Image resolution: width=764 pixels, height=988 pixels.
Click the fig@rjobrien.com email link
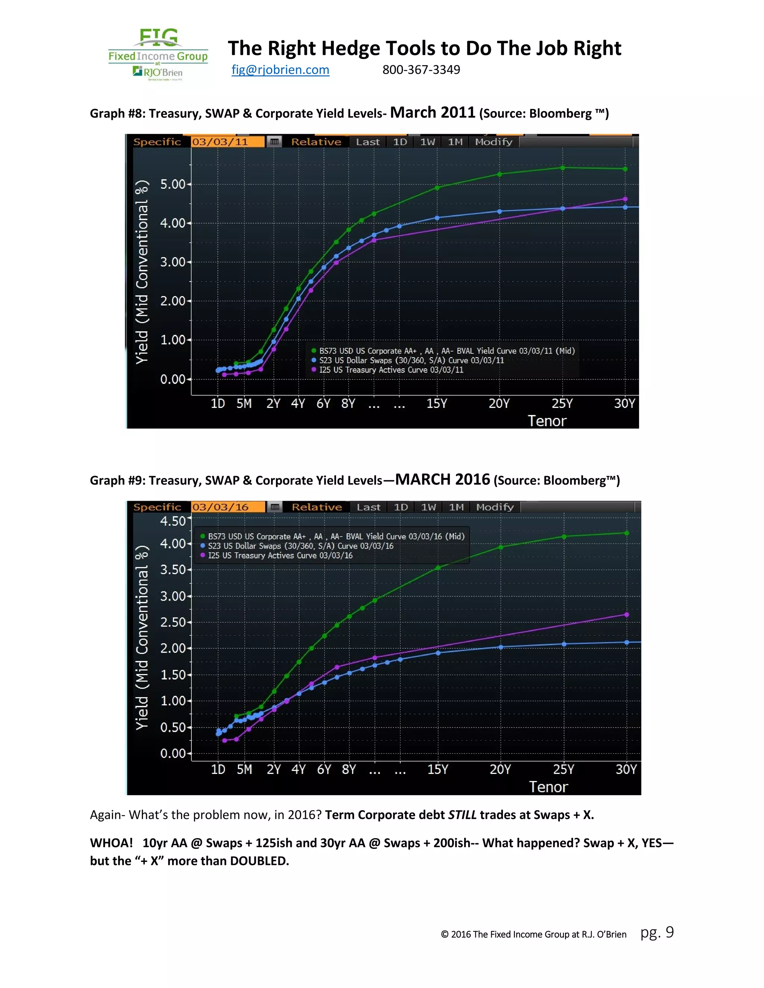(280, 70)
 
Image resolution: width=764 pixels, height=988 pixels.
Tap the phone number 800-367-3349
(421, 70)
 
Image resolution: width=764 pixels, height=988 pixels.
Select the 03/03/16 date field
(228, 507)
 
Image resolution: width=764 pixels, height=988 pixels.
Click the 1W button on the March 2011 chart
(427, 142)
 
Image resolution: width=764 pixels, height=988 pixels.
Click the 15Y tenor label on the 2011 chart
(437, 403)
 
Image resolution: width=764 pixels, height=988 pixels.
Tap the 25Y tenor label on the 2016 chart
(564, 769)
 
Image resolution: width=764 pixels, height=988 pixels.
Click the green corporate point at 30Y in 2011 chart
(625, 169)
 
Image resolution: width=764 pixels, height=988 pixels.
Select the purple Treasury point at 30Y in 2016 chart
(626, 614)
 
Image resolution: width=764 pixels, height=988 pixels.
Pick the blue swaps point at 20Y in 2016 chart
(501, 647)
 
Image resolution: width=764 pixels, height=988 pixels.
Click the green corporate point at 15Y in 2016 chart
(438, 568)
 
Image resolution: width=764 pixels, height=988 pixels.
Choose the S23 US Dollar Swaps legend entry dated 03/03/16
(301, 546)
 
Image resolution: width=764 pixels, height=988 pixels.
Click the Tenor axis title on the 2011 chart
(547, 421)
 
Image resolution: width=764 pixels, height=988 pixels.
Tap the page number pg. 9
(657, 932)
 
